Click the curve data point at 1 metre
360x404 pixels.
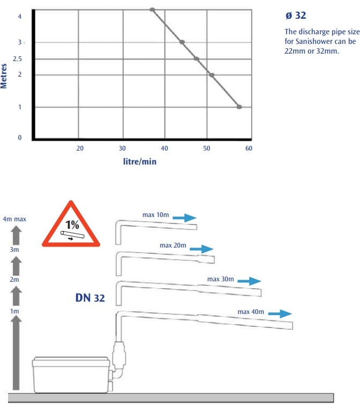[x=239, y=107]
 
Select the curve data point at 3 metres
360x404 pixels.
[x=182, y=42]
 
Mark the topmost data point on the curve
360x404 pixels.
[x=152, y=10]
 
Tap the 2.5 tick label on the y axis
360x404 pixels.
[x=17, y=59]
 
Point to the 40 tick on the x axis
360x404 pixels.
[x=164, y=148]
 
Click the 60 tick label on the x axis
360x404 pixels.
[x=249, y=148]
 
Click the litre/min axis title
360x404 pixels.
[x=140, y=162]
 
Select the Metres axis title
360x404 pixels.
[x=4, y=76]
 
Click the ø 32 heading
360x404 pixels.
[x=296, y=16]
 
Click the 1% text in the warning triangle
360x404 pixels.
[x=72, y=225]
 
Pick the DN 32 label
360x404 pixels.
[x=90, y=298]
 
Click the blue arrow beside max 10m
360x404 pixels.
[x=184, y=218]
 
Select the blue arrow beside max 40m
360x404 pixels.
[x=280, y=313]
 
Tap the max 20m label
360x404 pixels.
[x=173, y=245]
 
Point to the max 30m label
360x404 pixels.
[x=221, y=279]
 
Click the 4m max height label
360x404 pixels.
[x=14, y=219]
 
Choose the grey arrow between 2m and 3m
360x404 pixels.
[x=16, y=266]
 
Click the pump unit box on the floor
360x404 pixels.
[x=71, y=375]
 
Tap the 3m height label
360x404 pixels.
[x=14, y=249]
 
